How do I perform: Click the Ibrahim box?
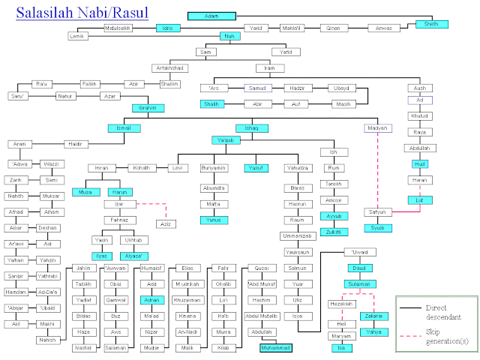(145, 107)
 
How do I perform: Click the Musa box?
(85, 192)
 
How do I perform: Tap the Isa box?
(341, 348)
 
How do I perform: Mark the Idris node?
(166, 28)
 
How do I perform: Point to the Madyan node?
(376, 128)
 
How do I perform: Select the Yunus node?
(214, 220)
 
